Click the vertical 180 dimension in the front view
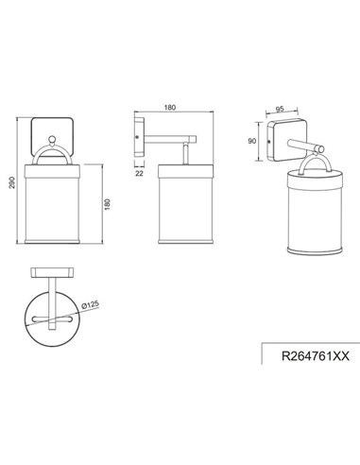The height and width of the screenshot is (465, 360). tap(107, 203)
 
